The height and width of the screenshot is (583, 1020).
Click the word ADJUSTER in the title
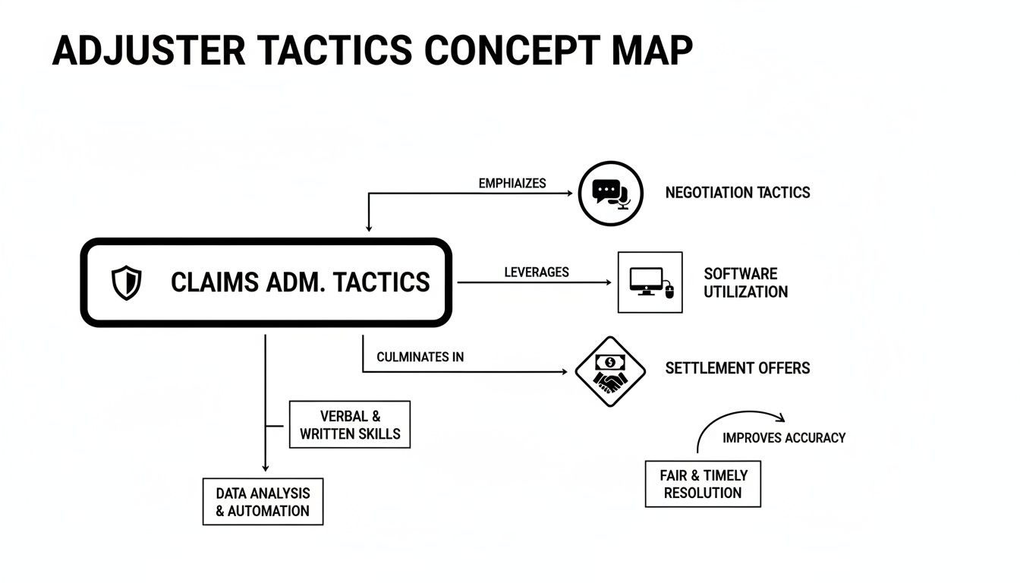tap(149, 52)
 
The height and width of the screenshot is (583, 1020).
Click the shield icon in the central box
tap(126, 282)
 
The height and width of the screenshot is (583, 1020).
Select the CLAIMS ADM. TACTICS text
tap(300, 282)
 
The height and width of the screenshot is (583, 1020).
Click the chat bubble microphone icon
tap(611, 193)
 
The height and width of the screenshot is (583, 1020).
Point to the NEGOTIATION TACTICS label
tap(737, 193)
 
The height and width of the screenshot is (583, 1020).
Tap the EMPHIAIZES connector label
tap(512, 184)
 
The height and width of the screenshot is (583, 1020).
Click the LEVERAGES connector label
tap(536, 273)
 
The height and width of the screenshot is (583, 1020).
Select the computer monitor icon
tap(650, 282)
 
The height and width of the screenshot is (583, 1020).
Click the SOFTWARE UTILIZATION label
tap(745, 282)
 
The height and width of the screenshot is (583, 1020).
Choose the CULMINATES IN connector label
tap(420, 357)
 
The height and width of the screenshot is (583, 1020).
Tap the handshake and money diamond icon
tap(610, 371)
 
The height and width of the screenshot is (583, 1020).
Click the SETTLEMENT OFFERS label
tap(737, 368)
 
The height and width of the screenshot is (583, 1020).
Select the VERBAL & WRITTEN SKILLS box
tap(350, 425)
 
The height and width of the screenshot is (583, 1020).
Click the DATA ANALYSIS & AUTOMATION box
tap(263, 502)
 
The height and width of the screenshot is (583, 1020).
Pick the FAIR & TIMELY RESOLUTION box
tap(703, 484)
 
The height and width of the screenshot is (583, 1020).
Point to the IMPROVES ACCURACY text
tap(783, 438)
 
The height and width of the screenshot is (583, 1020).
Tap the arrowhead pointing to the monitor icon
tap(607, 282)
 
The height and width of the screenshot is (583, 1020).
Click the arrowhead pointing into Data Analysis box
tap(265, 468)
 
